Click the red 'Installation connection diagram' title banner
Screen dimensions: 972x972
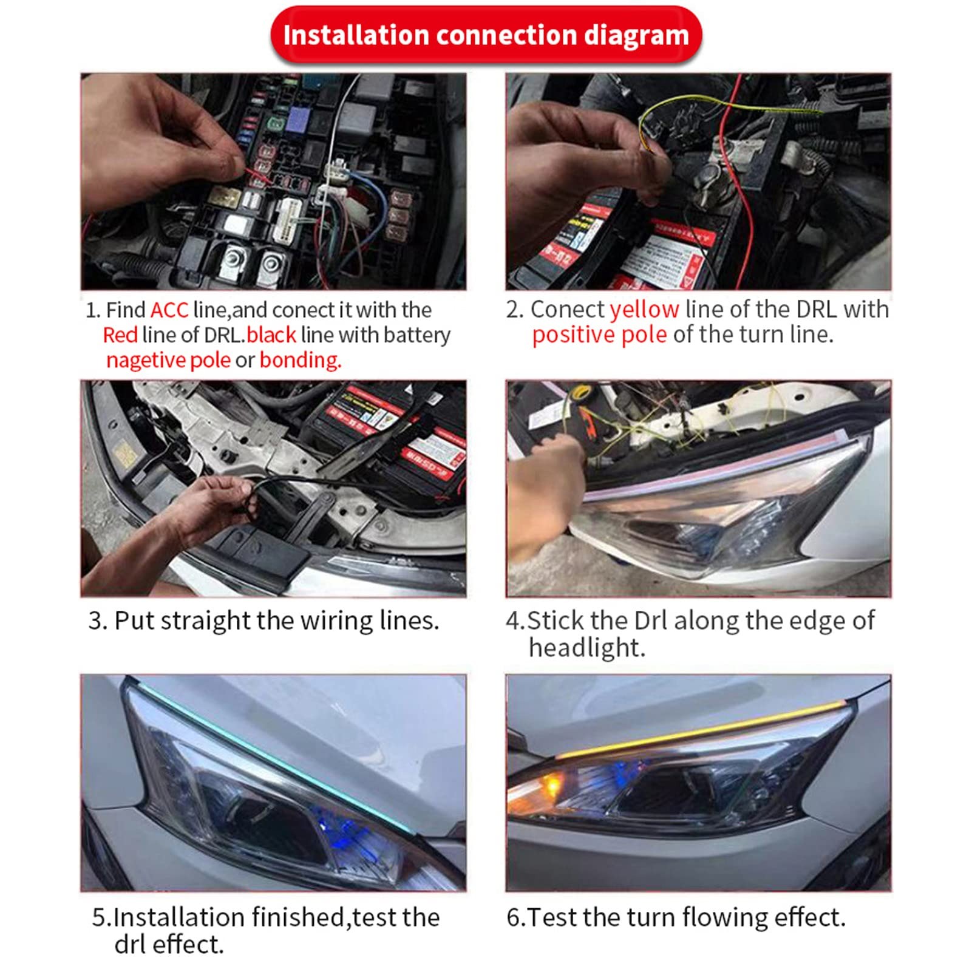pyautogui.click(x=486, y=35)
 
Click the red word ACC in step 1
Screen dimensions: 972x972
pyautogui.click(x=169, y=310)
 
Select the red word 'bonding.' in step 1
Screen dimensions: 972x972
pyautogui.click(x=301, y=361)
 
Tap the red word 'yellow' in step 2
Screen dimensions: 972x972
pyautogui.click(x=644, y=310)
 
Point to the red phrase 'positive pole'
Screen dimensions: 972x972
pyautogui.click(x=599, y=335)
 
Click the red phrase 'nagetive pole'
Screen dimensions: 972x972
pyautogui.click(x=168, y=361)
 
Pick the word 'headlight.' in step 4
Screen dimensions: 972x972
pyautogui.click(x=586, y=648)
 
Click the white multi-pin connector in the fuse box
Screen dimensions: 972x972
pyautogui.click(x=285, y=219)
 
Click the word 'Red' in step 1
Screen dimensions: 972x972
pyautogui.click(x=120, y=335)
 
